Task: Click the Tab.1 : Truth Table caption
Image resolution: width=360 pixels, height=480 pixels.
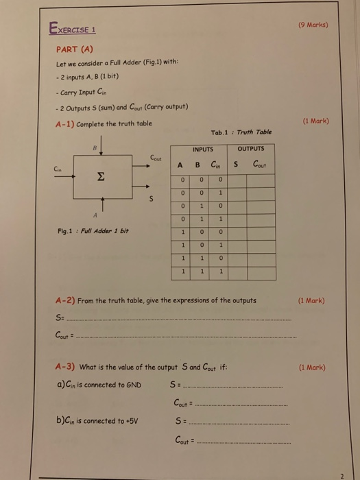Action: (241, 132)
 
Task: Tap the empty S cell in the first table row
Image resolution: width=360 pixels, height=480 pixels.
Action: (235, 179)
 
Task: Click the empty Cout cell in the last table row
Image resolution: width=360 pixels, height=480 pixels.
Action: (261, 272)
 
